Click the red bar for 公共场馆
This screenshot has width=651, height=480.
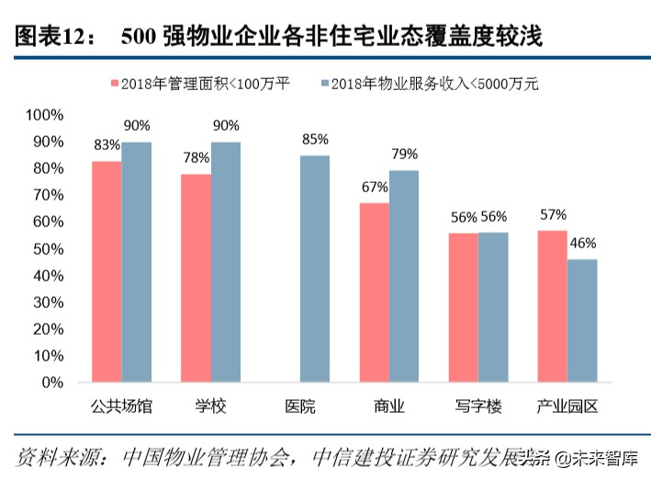[107, 271]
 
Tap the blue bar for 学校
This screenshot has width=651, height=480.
[226, 262]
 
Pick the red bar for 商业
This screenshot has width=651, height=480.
[374, 292]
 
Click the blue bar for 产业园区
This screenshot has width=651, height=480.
[582, 320]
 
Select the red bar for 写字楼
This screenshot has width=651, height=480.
[463, 307]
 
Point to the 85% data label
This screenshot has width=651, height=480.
[315, 140]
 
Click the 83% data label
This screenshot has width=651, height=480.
[107, 145]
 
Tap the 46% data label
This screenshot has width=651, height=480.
[582, 244]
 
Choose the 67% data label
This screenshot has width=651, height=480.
[374, 187]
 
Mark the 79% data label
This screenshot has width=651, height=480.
[404, 154]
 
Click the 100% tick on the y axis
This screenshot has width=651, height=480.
[44, 115]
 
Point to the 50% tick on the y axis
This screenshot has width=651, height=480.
[48, 248]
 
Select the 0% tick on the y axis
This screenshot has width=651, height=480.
[51, 382]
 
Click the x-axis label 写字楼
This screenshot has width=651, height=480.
[477, 406]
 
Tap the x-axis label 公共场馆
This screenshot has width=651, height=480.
[121, 406]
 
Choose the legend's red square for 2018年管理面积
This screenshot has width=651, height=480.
[116, 84]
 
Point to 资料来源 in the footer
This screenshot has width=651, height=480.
[51, 457]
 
